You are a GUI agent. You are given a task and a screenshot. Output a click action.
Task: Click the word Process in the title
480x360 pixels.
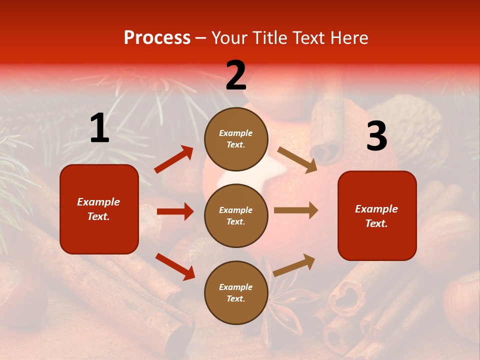click(157, 37)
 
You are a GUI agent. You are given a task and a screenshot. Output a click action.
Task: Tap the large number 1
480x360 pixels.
click(99, 128)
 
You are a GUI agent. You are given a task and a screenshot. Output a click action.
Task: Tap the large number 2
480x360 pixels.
click(236, 75)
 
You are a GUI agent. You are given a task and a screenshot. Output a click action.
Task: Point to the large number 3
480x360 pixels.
click(376, 136)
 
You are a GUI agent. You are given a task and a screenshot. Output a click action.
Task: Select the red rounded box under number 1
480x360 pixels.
click(99, 209)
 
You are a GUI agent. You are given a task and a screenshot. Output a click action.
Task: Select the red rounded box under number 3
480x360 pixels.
click(377, 215)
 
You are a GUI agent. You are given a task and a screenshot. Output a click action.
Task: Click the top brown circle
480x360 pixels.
click(236, 138)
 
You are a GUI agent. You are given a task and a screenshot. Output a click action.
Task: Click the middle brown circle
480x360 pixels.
click(236, 215)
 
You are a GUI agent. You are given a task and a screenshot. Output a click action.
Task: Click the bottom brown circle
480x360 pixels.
click(236, 292)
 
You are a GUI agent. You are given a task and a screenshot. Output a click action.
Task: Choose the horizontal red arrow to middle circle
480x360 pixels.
click(175, 211)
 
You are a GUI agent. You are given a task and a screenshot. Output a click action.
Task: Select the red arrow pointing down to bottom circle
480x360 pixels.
click(175, 266)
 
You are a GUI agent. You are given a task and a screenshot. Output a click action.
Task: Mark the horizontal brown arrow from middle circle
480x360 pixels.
click(296, 210)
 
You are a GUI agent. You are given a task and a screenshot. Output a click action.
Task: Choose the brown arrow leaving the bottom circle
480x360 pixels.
click(294, 265)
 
